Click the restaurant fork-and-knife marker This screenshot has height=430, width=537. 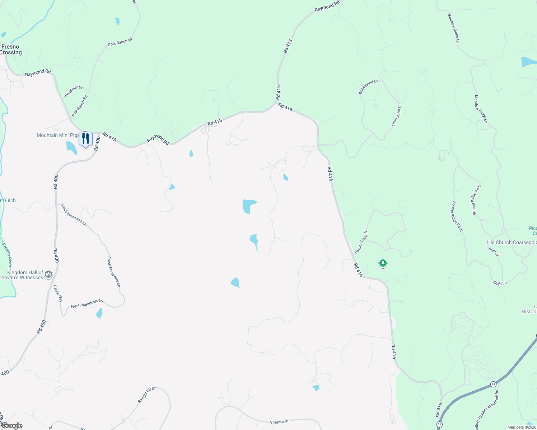(85, 138)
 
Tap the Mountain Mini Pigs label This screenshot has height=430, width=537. (57, 135)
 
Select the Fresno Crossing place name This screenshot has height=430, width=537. (11, 49)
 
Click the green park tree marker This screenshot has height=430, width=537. (383, 264)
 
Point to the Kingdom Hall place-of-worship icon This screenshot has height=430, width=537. (49, 274)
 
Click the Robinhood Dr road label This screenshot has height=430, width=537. (369, 87)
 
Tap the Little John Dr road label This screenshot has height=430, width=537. (396, 115)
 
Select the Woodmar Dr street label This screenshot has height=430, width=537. (73, 92)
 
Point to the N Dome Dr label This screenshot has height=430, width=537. (279, 422)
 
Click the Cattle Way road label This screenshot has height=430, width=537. (58, 293)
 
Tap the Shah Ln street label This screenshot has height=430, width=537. (500, 283)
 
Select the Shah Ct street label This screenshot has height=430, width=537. (493, 252)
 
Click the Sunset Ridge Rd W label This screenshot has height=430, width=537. (457, 217)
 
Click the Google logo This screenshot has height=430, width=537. (12, 426)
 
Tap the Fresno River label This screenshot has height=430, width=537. (7, 255)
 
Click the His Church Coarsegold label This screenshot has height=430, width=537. (512, 242)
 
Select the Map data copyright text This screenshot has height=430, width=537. (522, 427)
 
